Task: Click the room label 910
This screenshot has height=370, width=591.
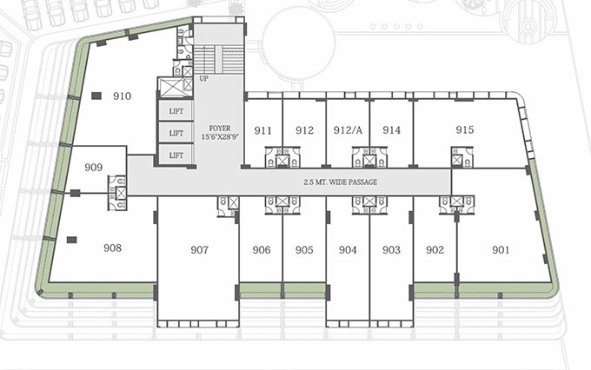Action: pos(122,96)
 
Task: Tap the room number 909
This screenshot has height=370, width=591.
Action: pos(94,168)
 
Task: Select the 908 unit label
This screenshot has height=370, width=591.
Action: pos(112,248)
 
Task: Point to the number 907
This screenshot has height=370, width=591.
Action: pos(199,250)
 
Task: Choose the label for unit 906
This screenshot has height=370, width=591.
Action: pos(262,250)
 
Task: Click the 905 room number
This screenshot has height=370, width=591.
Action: pos(304,250)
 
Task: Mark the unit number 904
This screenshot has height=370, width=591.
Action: pos(348,250)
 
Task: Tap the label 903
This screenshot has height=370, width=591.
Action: pos(391,250)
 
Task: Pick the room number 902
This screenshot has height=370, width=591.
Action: pos(435,250)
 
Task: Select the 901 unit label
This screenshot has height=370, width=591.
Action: pos(500,250)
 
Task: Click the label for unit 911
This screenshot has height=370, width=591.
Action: pos(263,131)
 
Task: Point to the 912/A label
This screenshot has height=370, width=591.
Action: pos(347,131)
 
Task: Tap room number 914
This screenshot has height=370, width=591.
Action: pos(391,131)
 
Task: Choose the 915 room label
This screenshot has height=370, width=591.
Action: pos(464,130)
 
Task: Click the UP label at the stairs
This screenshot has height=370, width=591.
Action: pos(204,79)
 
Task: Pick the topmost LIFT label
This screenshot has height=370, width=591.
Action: pos(176,111)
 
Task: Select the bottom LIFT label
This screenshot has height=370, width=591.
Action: pos(176,155)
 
